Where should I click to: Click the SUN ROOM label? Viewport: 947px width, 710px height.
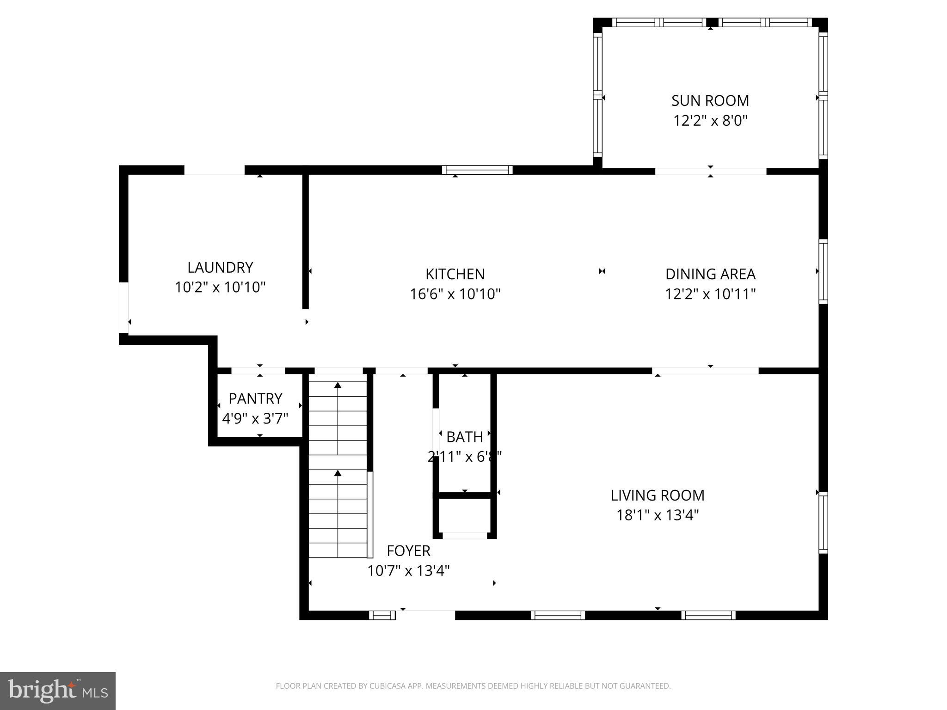710,101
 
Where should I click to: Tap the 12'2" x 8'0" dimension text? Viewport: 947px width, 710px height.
710,121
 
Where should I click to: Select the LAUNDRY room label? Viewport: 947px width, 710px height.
220,268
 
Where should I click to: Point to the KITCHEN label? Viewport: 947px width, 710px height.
455,274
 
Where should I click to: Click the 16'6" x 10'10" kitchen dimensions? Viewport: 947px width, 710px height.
455,294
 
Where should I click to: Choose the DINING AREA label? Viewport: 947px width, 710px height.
710,274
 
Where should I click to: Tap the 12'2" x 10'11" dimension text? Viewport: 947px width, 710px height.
710,294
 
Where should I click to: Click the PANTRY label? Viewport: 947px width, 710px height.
255,398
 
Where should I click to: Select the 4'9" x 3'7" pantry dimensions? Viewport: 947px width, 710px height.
255,419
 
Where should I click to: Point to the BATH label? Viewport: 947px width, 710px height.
464,437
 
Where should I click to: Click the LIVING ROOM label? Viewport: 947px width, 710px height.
657,496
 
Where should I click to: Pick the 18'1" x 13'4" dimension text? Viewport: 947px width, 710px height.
657,515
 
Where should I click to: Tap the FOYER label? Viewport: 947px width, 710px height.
408,551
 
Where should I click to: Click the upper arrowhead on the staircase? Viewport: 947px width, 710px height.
338,385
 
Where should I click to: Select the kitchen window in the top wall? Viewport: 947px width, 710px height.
477,170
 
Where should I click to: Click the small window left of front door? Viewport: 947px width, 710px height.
382,615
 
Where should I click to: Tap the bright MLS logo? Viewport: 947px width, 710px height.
58,691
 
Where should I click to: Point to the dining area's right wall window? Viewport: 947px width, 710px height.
823,271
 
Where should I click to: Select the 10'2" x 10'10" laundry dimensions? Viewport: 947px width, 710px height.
220,288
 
